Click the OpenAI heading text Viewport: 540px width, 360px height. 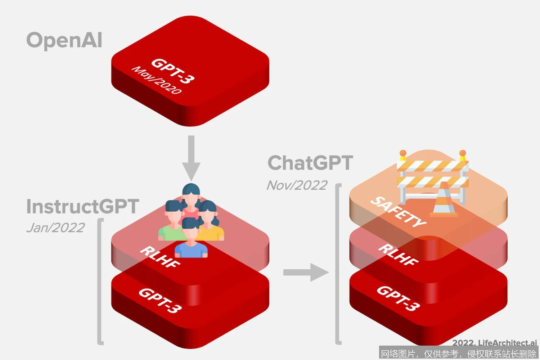64,40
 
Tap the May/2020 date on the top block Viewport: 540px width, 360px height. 157,80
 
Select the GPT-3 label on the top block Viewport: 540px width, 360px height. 173,71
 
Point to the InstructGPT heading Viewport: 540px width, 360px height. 82,207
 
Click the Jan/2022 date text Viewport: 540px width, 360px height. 56,228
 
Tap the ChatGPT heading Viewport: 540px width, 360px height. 310,163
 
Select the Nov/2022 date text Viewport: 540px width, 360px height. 297,185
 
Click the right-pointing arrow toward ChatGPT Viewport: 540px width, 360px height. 306,272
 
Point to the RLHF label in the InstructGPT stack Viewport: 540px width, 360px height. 160,257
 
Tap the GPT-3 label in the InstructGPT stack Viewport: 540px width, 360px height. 160,300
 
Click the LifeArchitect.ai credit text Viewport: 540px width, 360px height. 494,343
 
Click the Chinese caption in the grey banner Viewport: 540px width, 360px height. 458,354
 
